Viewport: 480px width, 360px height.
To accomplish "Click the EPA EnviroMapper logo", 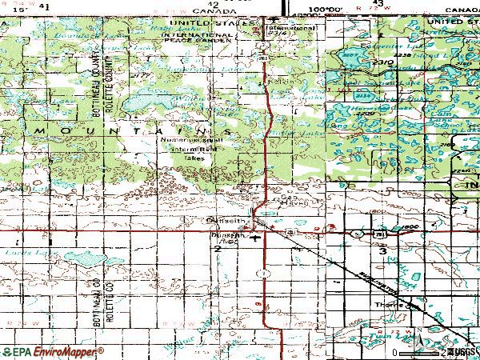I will tap(53, 351).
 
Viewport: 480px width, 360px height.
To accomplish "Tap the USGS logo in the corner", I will tap(463, 351).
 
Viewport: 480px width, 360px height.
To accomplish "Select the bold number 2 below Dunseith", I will tap(217, 250).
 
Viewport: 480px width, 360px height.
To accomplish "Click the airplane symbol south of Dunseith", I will tap(255, 238).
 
